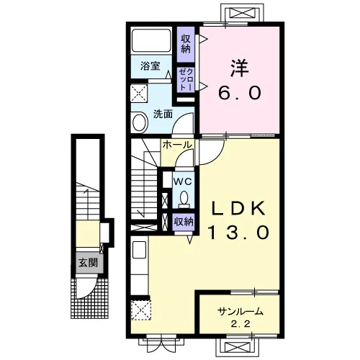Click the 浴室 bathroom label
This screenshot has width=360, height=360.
coord(150,66)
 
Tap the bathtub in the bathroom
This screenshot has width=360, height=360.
coord(151,40)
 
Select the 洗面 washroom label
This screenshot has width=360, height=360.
coord(163,114)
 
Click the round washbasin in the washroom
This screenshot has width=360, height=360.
coord(140,122)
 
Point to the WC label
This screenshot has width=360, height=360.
coord(183,181)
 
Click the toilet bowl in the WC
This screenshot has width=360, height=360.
coord(184,199)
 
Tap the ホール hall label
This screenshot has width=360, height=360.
coord(177,145)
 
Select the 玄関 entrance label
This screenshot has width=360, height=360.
coord(89,263)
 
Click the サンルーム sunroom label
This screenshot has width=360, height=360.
coord(240,312)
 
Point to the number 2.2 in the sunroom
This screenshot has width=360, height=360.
coord(240,324)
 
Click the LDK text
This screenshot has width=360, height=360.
coord(238,208)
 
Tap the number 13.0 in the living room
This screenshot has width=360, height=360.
coord(238,232)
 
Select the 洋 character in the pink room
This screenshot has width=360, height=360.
coord(239,68)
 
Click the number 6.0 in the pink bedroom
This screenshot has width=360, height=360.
coord(240,93)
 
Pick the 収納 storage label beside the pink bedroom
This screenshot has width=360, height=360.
coord(186,44)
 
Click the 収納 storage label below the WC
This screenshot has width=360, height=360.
coord(184,222)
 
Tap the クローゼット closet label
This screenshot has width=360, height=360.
coord(186,80)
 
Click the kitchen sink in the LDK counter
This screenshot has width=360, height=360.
coord(139,250)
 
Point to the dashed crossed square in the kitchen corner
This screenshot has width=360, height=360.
coord(141,310)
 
